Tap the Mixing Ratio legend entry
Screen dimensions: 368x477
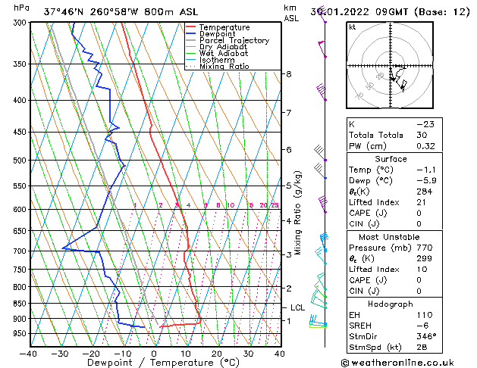pos(224,67)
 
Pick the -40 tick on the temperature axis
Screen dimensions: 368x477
pos(29,353)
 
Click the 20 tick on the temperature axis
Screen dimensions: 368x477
pos(217,353)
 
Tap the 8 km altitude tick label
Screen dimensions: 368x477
pos(289,73)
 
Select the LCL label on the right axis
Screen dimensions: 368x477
pos(298,307)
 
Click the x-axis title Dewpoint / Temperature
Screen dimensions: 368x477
pos(154,363)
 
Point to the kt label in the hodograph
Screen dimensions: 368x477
pos(353,27)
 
